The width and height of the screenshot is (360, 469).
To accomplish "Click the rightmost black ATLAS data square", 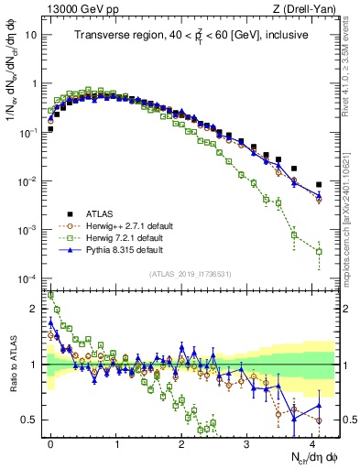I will click(319, 185).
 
